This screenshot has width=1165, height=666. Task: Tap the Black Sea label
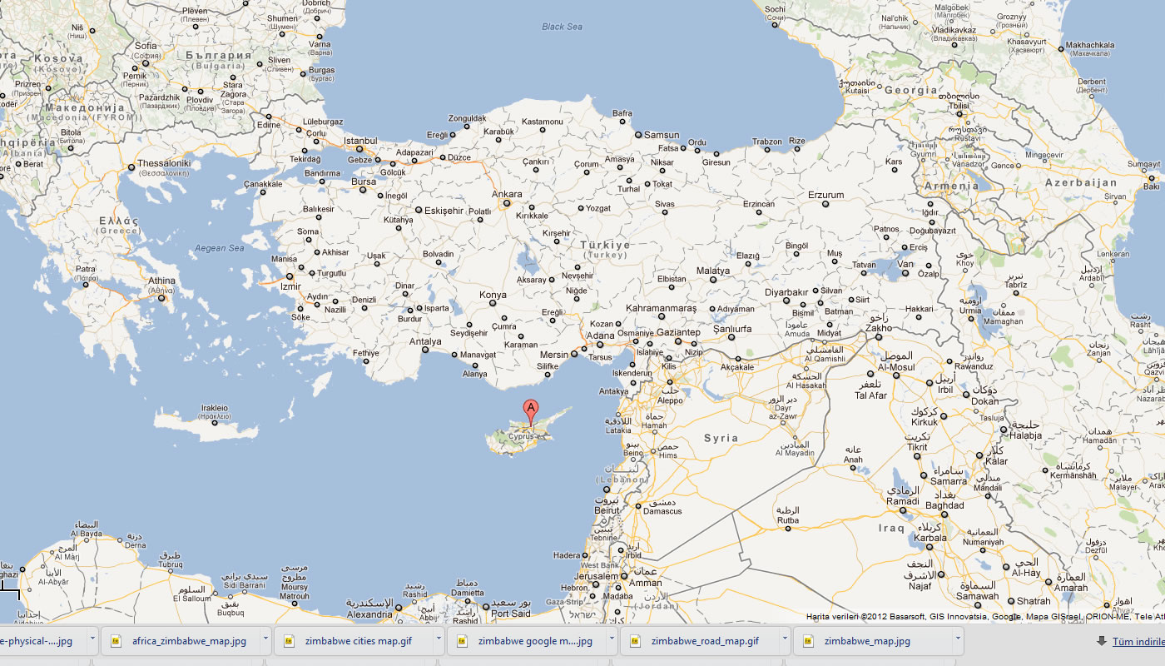pyautogui.click(x=562, y=27)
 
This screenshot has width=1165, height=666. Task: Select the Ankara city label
pyautogui.click(x=507, y=195)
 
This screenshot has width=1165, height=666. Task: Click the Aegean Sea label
pyautogui.click(x=219, y=248)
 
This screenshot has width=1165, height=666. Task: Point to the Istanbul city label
pyautogui.click(x=360, y=141)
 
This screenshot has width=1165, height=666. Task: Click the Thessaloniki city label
pyautogui.click(x=164, y=163)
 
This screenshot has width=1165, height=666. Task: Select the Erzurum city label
pyautogui.click(x=825, y=196)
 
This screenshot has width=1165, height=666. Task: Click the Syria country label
pyautogui.click(x=721, y=438)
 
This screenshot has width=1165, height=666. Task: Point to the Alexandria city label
pyautogui.click(x=369, y=614)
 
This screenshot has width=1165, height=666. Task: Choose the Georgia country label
pyautogui.click(x=911, y=90)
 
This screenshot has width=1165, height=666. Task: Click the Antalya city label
pyautogui.click(x=425, y=341)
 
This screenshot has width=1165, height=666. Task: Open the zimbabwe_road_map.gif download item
pyautogui.click(x=704, y=641)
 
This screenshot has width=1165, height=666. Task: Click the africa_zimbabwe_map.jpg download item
pyautogui.click(x=188, y=641)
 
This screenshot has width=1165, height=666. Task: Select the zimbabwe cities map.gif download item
pyautogui.click(x=358, y=641)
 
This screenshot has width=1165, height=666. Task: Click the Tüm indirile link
pyautogui.click(x=1138, y=641)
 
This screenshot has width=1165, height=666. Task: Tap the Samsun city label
pyautogui.click(x=662, y=135)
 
